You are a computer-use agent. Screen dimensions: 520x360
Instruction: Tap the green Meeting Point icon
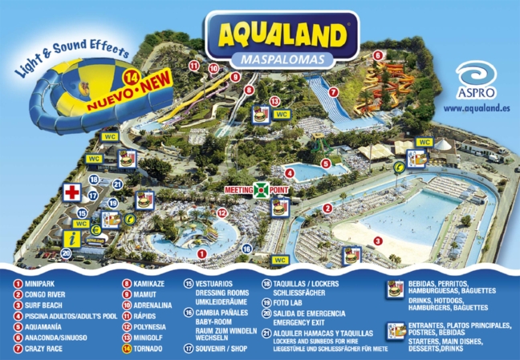click(258, 190)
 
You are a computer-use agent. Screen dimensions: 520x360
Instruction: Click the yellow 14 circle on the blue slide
click(132, 79)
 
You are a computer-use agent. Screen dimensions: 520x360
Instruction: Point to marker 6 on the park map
click(377, 55)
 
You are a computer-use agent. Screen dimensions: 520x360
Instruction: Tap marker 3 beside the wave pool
click(377, 241)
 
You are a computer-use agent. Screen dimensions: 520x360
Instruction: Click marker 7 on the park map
click(332, 92)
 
